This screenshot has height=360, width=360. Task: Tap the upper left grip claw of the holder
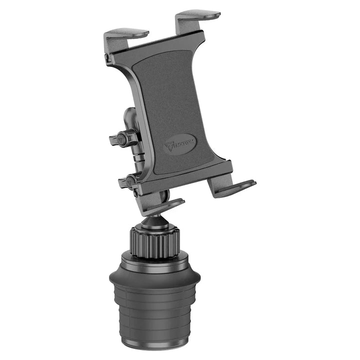(126, 35)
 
